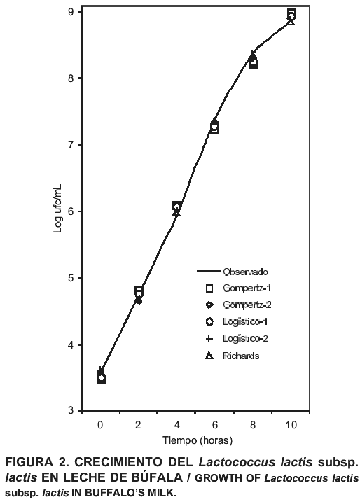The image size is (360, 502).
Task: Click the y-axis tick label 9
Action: tap(71, 12)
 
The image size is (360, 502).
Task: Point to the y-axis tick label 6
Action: tap(71, 211)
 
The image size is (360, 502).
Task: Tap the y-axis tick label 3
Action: tap(71, 411)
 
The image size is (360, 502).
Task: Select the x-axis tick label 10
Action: tap(291, 425)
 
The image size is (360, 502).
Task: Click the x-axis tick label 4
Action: tap(176, 425)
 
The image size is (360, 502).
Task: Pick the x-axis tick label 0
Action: tap(101, 425)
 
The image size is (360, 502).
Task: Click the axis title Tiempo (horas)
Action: tap(198, 440)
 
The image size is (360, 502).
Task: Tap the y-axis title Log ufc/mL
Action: tap(57, 209)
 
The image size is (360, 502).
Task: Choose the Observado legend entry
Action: tap(233, 272)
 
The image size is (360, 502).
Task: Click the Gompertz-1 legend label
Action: tap(247, 288)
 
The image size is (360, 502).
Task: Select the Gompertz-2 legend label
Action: tap(247, 305)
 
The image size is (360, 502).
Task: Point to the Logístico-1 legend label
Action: tap(245, 321)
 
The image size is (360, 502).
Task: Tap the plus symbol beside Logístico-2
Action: tap(209, 338)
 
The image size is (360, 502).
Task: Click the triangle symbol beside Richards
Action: tap(209, 356)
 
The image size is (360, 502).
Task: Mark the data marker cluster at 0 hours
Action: tap(101, 375)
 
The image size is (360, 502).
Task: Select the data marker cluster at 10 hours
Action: tap(291, 17)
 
